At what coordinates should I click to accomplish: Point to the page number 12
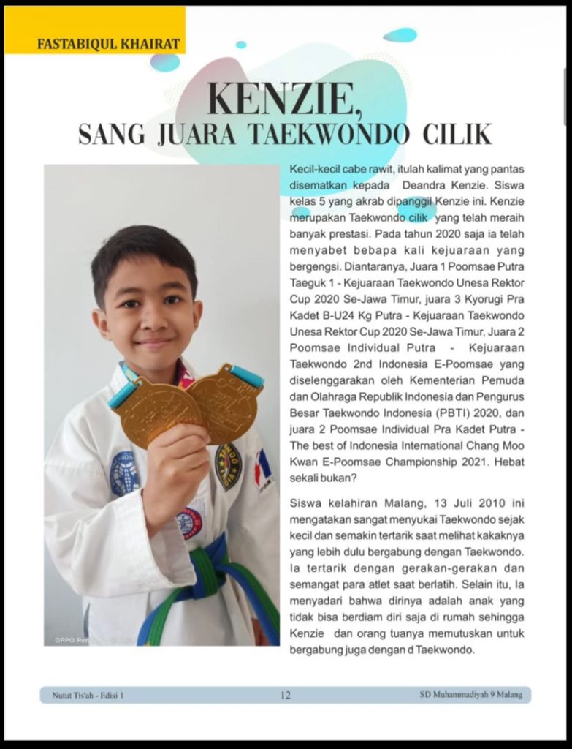286,696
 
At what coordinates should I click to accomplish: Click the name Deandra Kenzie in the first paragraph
439,185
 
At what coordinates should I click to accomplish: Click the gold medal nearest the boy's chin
157,410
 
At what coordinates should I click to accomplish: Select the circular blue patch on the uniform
125,474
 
